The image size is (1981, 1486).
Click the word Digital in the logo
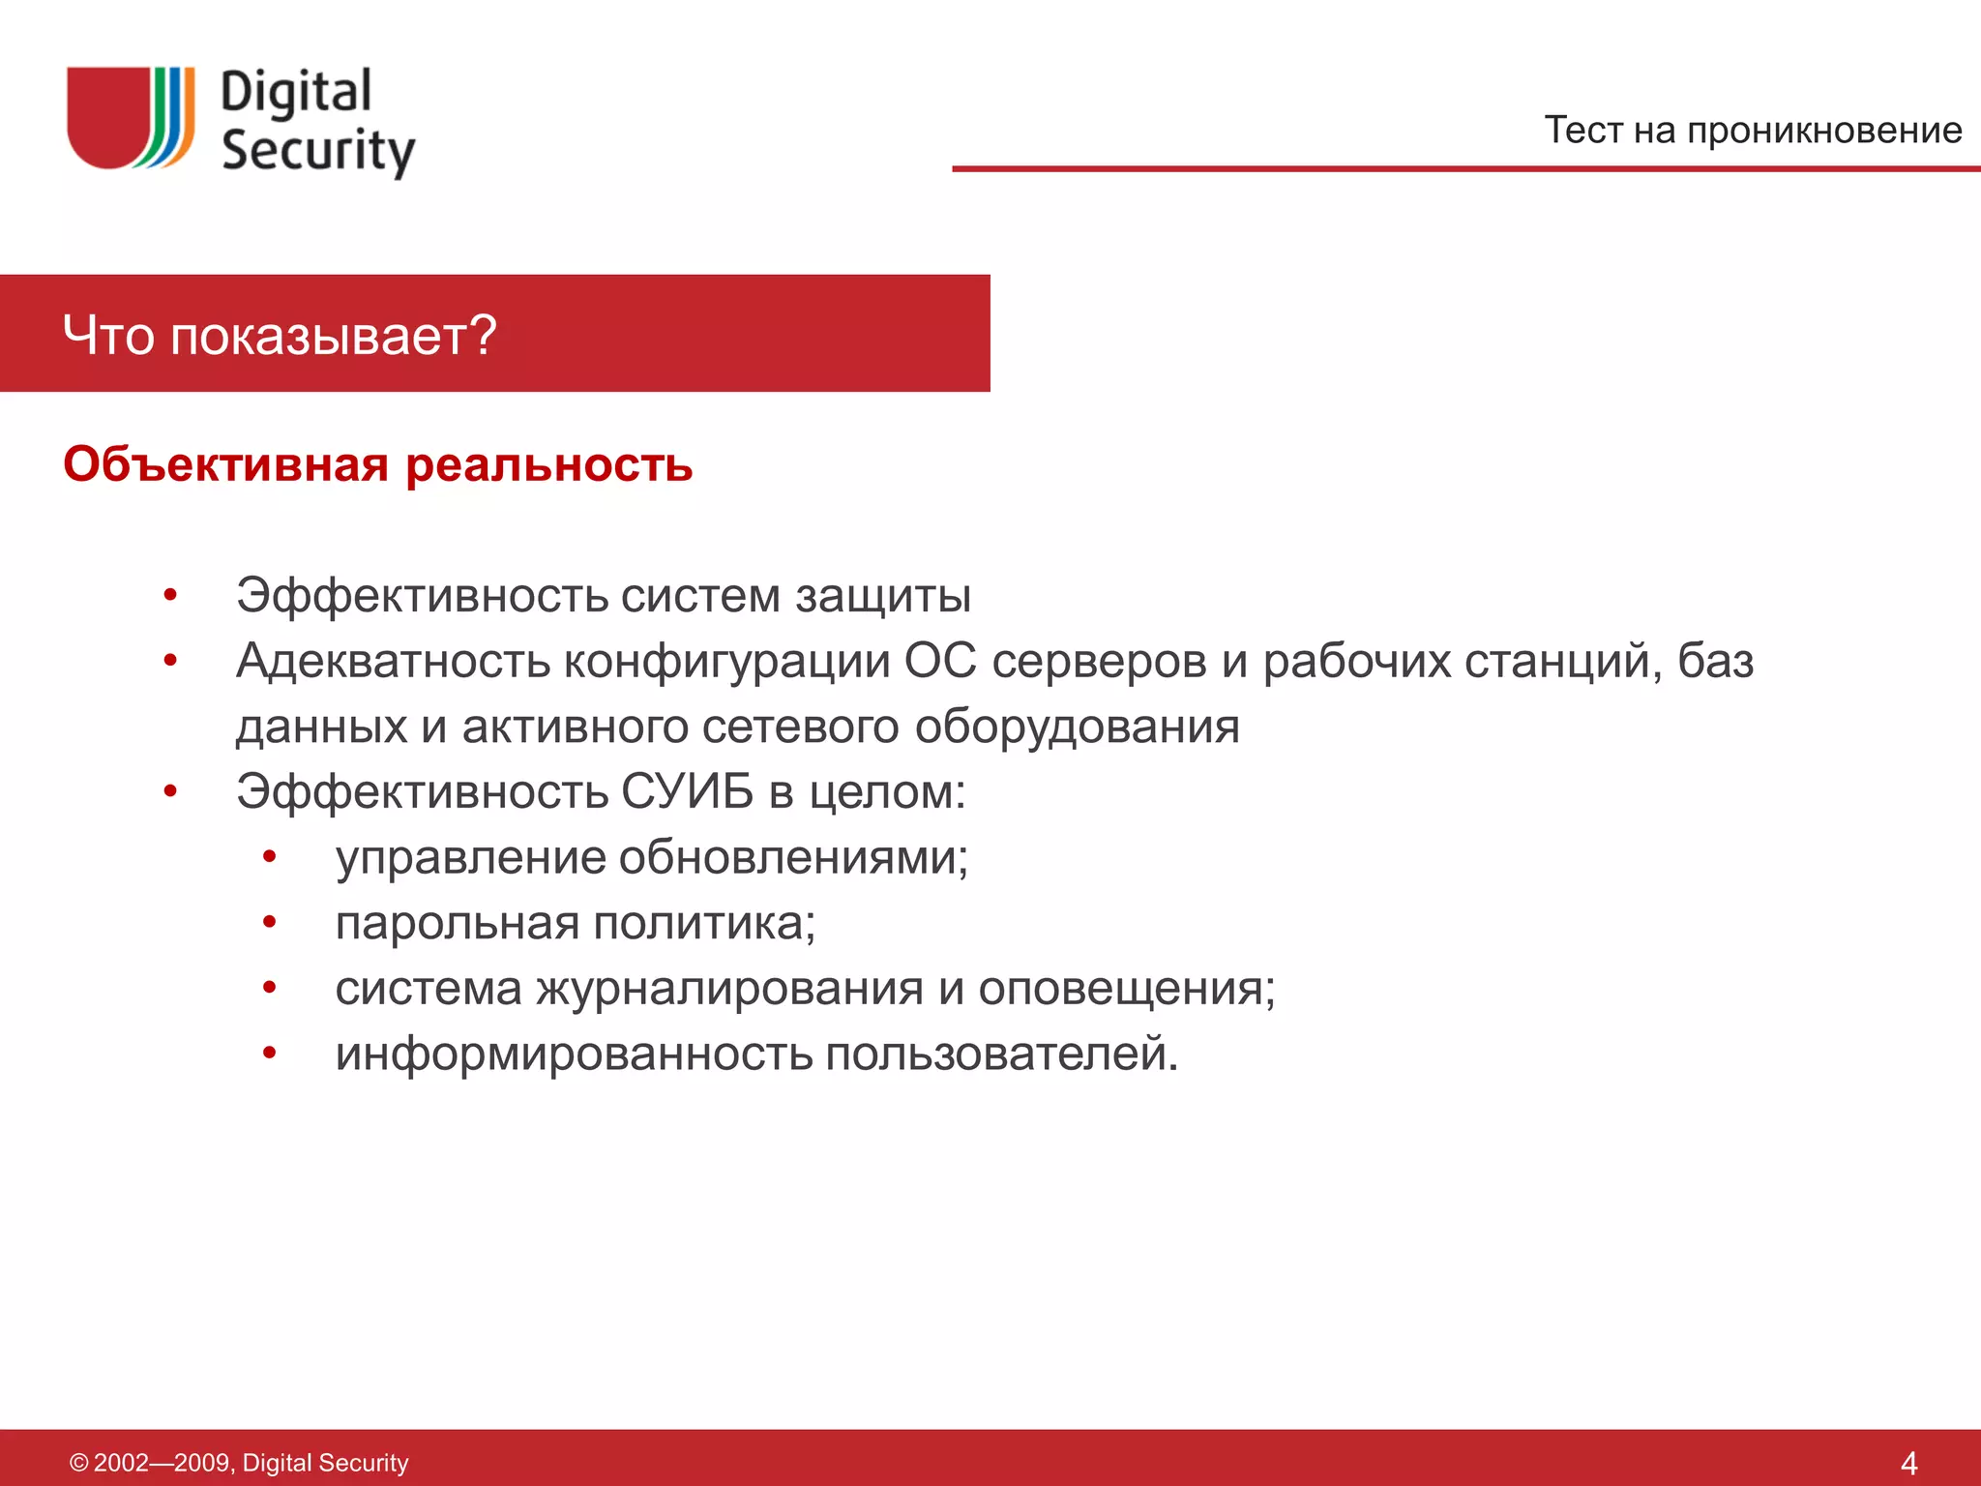[x=296, y=94]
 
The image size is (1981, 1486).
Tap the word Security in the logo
[x=317, y=152]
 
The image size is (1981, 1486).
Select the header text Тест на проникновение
[x=1752, y=130]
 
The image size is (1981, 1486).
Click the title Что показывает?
[x=280, y=335]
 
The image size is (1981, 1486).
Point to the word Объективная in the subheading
[x=225, y=464]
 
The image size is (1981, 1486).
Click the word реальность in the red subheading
[x=548, y=466]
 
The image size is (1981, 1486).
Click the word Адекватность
[x=393, y=662]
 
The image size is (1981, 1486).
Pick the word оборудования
[x=1077, y=727]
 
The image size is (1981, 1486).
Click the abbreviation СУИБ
[x=687, y=791]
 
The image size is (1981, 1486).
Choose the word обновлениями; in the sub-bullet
[x=792, y=858]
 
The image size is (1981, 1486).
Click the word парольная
[x=457, y=924]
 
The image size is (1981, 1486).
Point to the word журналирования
[x=729, y=989]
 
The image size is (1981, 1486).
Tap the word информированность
[x=574, y=1054]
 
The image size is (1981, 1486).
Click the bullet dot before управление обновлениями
[x=270, y=856]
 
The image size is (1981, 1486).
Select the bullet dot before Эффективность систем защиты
[x=170, y=595]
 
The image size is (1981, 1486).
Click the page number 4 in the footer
[x=1907, y=1463]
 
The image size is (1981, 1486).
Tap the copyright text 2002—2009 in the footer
[x=162, y=1463]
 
